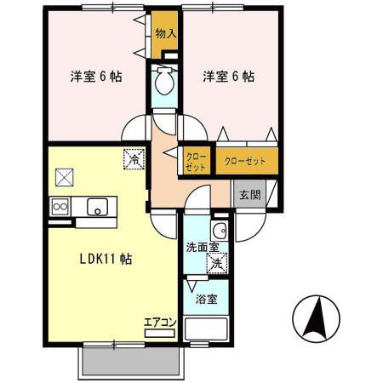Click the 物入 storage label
165,34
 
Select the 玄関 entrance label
249,195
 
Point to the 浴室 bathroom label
206,299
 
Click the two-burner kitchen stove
60,206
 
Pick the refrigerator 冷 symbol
134,157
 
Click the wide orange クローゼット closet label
245,160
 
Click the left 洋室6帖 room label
95,76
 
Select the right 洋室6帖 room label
228,76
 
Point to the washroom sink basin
219,230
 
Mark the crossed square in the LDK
65,177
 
